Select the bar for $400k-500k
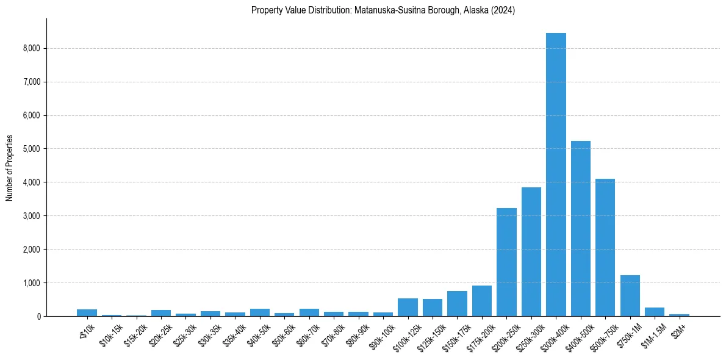pos(580,228)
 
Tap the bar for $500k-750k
pos(605,247)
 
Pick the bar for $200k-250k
pos(506,262)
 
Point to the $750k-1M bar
pos(630,295)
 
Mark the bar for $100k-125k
pos(408,307)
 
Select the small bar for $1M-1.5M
pos(655,312)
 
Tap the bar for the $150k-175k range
pos(457,303)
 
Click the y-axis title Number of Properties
pos(10,167)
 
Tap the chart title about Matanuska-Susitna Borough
pos(383,10)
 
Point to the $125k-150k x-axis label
pos(430,336)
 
